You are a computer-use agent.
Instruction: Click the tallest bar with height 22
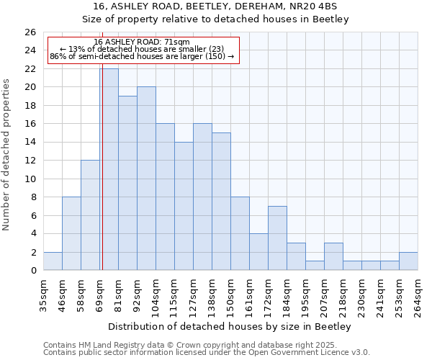tap(109, 169)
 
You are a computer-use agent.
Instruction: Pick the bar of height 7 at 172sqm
tap(277, 238)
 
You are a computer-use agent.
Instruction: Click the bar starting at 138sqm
tap(221, 202)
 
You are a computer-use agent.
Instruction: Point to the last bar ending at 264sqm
tap(408, 261)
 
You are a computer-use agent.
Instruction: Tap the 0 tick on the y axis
tap(32, 271)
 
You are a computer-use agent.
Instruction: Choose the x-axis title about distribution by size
tap(230, 326)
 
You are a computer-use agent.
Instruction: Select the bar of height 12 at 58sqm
tap(90, 215)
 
